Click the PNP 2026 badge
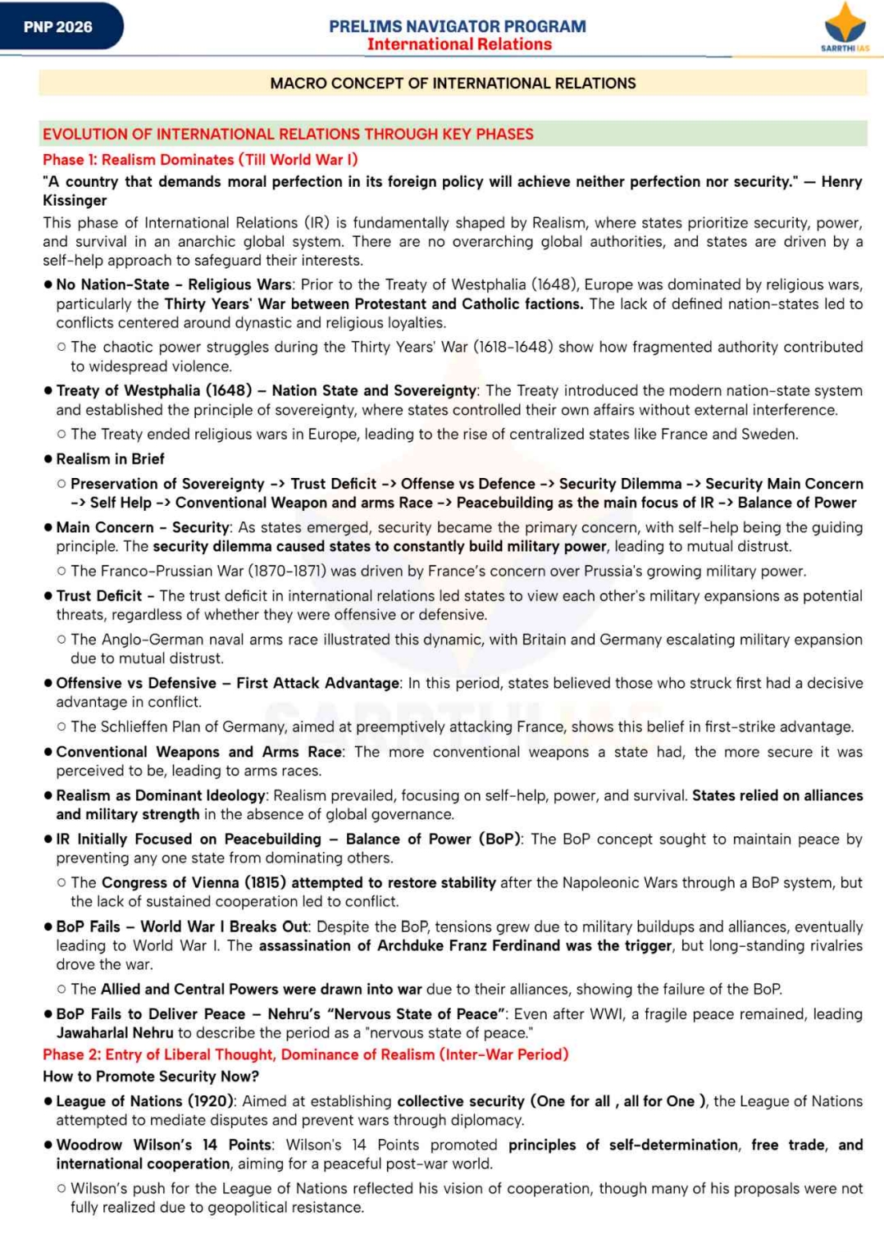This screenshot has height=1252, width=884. (x=58, y=27)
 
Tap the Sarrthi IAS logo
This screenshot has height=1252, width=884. (x=844, y=27)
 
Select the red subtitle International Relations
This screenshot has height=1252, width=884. (x=459, y=44)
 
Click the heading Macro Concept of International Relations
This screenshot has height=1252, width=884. (x=453, y=84)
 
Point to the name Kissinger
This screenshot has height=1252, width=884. (x=75, y=201)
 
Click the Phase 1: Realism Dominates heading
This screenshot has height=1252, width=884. (x=200, y=160)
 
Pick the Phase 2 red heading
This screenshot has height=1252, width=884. (x=305, y=1054)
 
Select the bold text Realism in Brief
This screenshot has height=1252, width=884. (x=110, y=459)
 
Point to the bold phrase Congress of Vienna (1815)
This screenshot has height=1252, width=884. (x=194, y=882)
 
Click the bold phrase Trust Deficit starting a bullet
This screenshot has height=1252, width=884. (x=98, y=596)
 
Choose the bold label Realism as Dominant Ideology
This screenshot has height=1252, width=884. (x=160, y=795)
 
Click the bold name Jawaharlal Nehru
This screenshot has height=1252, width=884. (x=115, y=1033)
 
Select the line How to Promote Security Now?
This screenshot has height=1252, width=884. (x=151, y=1077)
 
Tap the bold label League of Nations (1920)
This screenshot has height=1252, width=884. (x=145, y=1101)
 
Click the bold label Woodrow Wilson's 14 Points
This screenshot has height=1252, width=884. (x=163, y=1145)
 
